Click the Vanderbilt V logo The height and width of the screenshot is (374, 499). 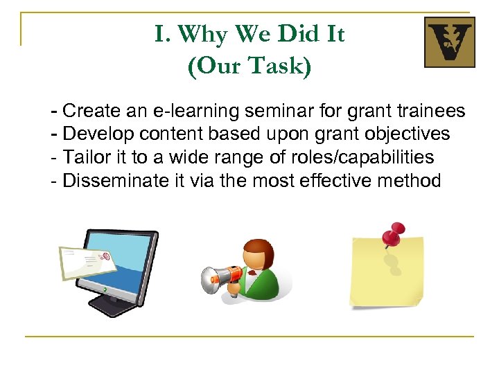click(449, 42)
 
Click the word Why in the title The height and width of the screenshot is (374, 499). click(207, 33)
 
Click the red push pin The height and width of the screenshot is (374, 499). click(393, 235)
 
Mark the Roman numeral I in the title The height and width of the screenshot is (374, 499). click(159, 33)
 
